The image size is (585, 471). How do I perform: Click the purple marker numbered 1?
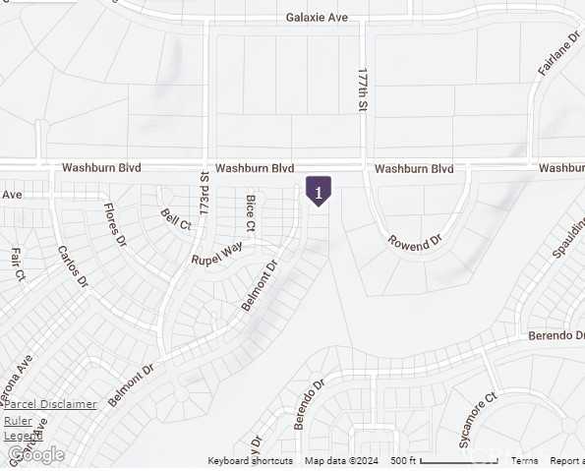(319, 190)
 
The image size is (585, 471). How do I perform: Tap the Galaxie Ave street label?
(318, 17)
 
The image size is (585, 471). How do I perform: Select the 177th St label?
(363, 89)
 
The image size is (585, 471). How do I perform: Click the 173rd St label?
(205, 193)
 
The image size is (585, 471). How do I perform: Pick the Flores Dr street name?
(116, 224)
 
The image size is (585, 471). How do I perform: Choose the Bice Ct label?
(251, 213)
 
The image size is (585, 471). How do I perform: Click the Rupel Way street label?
(217, 254)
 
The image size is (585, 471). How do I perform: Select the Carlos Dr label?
(73, 267)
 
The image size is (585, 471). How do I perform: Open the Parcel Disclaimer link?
(50, 403)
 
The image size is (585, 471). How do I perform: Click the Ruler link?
(18, 421)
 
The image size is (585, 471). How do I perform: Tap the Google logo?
(35, 454)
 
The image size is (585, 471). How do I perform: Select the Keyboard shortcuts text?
(250, 461)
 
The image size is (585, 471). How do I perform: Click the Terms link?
(524, 461)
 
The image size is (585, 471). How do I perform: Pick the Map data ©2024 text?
(341, 461)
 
